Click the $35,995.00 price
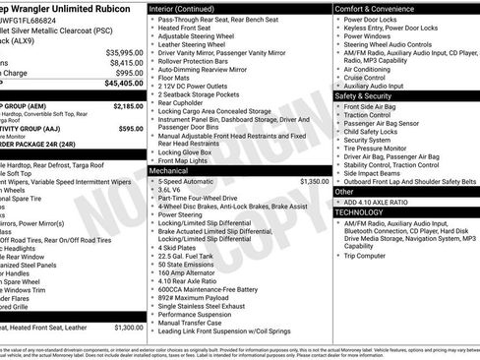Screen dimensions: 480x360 (x=123, y=51)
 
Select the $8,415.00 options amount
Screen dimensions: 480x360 (x=125, y=62)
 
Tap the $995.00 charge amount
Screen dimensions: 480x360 (x=128, y=73)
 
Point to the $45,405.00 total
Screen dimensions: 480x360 (x=123, y=84)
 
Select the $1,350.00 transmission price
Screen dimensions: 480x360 (x=314, y=181)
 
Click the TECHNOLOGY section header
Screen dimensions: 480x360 (x=360, y=211)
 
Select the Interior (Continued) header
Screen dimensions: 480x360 (x=183, y=8)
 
